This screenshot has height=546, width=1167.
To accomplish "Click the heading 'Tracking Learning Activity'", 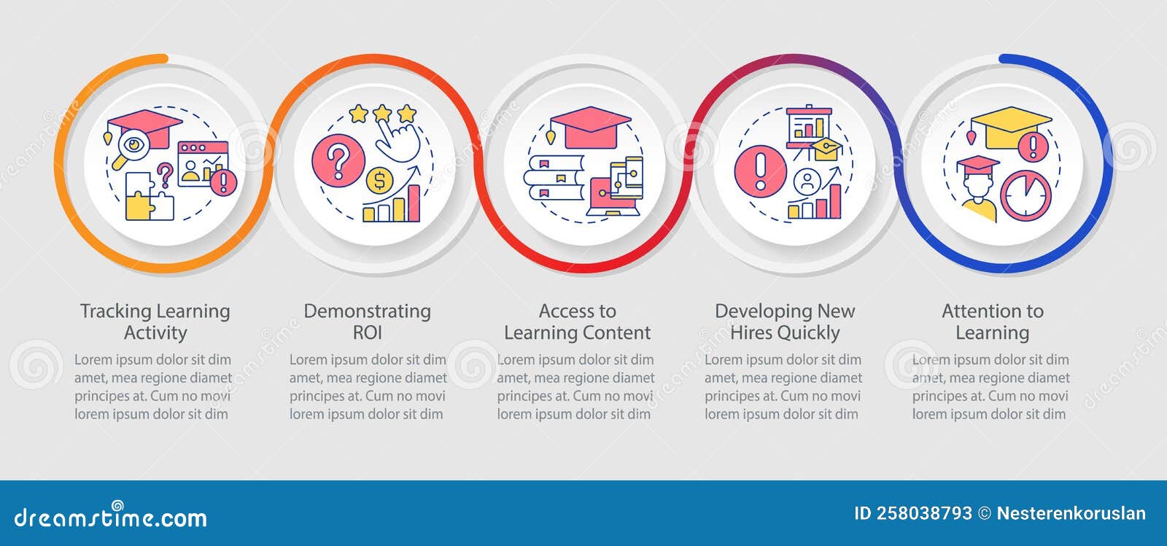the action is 155,321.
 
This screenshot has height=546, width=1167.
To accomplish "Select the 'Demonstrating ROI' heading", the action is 368,321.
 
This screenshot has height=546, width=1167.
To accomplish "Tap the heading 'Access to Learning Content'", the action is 577,321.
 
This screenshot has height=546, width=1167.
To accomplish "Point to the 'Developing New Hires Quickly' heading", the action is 785,321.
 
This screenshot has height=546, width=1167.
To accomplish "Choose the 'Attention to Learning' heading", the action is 993,321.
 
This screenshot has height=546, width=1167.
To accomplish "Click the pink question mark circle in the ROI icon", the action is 338,160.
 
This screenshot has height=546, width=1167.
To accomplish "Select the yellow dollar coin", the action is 379,181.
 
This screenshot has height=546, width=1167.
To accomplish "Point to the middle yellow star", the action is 382,112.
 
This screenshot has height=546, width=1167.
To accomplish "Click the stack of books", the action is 554,178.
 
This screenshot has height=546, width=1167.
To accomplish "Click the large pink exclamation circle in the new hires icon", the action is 761,171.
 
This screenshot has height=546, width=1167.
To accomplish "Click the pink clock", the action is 1026,195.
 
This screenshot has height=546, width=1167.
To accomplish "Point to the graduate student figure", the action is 978,189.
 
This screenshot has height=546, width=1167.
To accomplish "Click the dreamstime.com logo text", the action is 110,517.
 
